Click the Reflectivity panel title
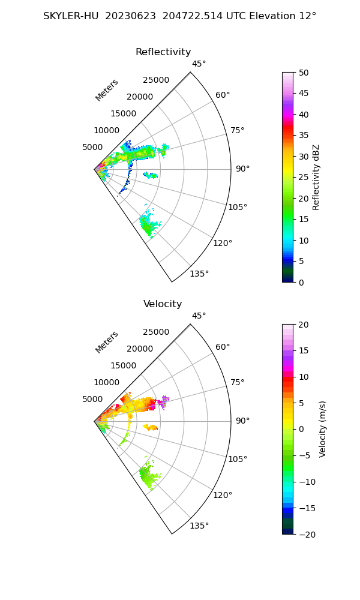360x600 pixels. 163,52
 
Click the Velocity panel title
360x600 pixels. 163,304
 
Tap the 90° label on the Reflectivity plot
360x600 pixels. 242,169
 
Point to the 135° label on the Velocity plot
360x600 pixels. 199,526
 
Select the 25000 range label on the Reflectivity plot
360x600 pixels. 156,80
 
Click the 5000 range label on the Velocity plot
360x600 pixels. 92,399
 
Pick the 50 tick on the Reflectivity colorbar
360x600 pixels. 304,73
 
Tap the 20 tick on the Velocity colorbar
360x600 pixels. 304,325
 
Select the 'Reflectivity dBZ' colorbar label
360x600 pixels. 316,177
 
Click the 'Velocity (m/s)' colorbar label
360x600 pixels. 322,429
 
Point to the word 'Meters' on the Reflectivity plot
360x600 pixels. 107,90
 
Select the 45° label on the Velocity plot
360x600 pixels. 199,316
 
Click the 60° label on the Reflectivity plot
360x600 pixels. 223,95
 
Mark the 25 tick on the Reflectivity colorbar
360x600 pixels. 304,178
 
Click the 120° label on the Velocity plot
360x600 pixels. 223,495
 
